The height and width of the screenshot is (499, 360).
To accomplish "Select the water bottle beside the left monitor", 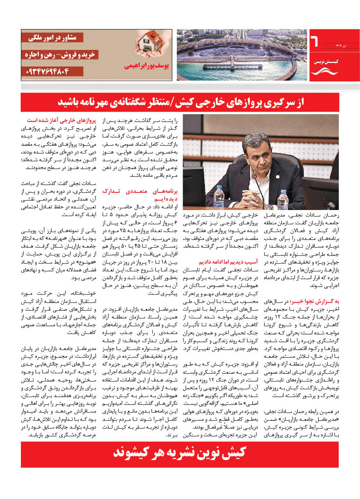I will (219, 196).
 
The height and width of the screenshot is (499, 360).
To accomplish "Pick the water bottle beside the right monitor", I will (283, 199).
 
